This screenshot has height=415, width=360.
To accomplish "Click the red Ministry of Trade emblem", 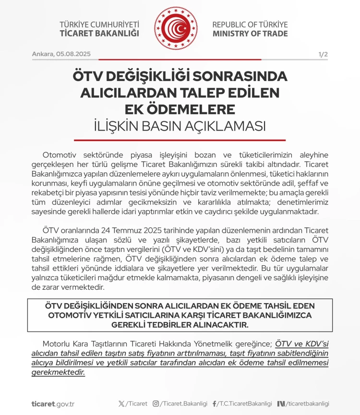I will [x=176, y=30].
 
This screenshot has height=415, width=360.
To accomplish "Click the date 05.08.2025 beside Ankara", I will [x=74, y=54].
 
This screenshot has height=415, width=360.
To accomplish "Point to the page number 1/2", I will [x=323, y=54].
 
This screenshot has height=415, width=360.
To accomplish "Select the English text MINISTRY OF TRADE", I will [x=250, y=34].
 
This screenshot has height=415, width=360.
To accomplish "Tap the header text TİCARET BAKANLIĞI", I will [x=99, y=34].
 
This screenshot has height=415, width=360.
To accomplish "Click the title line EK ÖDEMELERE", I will [x=180, y=109].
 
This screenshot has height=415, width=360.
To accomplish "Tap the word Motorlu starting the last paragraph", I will [x=57, y=344].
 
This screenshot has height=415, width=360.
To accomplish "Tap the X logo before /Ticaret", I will [x=121, y=403].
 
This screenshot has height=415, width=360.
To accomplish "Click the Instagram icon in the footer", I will [x=156, y=403].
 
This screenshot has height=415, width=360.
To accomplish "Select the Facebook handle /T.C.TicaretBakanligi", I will [x=245, y=403].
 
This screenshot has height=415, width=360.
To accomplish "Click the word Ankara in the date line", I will [x=43, y=54].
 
